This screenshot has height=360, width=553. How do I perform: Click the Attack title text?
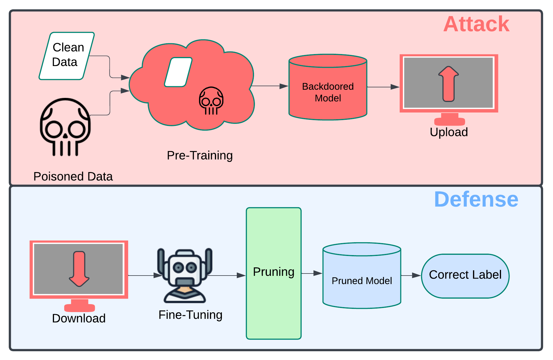[x=476, y=24]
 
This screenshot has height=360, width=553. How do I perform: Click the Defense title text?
[x=476, y=199]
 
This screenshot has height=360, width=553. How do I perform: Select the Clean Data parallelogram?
[x=67, y=56]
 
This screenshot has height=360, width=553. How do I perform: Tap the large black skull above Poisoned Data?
[x=65, y=127]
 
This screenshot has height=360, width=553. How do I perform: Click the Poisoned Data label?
[x=73, y=176]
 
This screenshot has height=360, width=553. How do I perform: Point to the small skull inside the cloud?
[x=211, y=101]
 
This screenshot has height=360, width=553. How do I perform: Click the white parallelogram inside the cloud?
[x=178, y=72]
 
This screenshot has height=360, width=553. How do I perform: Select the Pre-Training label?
[x=200, y=155]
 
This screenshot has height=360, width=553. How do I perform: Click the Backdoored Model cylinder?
[x=328, y=87]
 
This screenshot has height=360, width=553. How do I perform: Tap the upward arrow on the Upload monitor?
[x=448, y=84]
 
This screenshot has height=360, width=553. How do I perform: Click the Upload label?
[x=449, y=132]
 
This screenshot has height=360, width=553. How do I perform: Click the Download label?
[x=79, y=318]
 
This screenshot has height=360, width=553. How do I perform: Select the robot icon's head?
[x=185, y=267]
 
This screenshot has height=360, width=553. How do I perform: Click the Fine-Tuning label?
[x=190, y=315]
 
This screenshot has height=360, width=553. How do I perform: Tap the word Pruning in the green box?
[x=274, y=272]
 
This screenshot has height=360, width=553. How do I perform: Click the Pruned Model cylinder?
[x=362, y=276]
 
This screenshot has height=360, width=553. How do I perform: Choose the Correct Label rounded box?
[x=465, y=276]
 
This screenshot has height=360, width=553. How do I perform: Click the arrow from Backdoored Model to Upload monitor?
[x=383, y=87]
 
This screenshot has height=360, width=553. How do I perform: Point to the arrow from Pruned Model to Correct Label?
[x=411, y=275]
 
